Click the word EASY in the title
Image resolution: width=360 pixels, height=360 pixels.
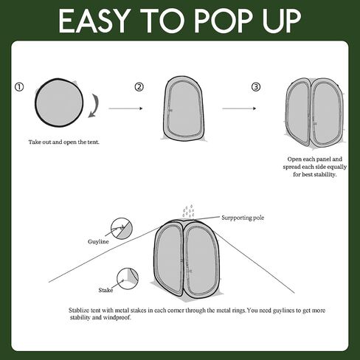[x=94, y=21]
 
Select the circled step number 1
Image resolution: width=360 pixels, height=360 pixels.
[x=19, y=87]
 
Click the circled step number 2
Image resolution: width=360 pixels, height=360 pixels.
[x=139, y=87]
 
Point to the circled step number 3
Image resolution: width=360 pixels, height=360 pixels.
[x=256, y=87]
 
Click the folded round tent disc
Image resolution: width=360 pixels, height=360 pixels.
[x=59, y=103]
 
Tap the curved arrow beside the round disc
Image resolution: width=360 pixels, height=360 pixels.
[x=94, y=105]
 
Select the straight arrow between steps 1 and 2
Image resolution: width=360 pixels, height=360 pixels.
[x=125, y=108]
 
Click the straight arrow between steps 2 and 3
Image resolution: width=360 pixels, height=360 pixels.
[x=239, y=108]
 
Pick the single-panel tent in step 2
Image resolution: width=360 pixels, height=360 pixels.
[x=184, y=108]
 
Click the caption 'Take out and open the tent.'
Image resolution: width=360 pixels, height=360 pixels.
[x=64, y=142]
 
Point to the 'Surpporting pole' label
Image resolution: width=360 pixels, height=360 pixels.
[x=243, y=218]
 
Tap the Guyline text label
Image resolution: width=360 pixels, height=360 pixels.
[x=98, y=241]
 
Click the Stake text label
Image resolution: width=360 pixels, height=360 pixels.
[x=105, y=290]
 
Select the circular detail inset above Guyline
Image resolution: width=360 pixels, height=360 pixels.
[x=122, y=228]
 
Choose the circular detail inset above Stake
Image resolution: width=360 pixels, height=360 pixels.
[x=128, y=279]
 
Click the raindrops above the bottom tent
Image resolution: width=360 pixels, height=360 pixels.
[x=188, y=211]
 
